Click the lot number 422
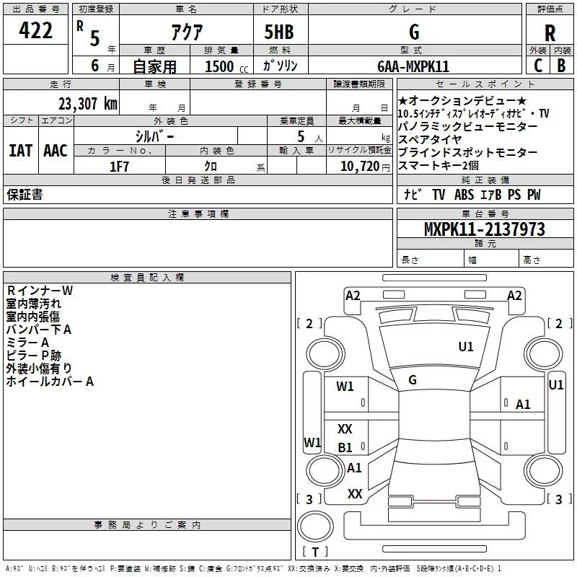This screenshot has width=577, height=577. click(35, 30)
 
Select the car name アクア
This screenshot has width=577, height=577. click(187, 32)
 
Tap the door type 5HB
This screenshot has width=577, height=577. click(279, 32)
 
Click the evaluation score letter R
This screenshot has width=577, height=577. click(550, 33)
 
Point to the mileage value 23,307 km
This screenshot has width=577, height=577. click(88, 104)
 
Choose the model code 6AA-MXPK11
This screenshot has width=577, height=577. click(413, 66)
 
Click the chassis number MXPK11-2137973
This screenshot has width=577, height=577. click(484, 229)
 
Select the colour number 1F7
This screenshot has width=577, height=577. click(119, 167)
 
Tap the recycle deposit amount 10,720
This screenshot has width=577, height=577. click(359, 166)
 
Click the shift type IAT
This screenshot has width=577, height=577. click(21, 151)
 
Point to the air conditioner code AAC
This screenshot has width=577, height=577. click(56, 151)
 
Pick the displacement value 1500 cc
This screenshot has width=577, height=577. click(226, 66)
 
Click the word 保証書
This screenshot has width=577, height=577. click(25, 194)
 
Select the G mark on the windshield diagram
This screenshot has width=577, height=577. click(413, 380)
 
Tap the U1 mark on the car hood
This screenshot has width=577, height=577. click(465, 346)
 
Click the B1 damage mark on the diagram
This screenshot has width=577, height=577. click(345, 447)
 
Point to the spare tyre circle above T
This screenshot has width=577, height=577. click(315, 526)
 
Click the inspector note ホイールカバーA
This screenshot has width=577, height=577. click(50, 382)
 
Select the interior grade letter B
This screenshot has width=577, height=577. click(561, 66)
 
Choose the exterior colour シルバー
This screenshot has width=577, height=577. click(154, 136)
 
